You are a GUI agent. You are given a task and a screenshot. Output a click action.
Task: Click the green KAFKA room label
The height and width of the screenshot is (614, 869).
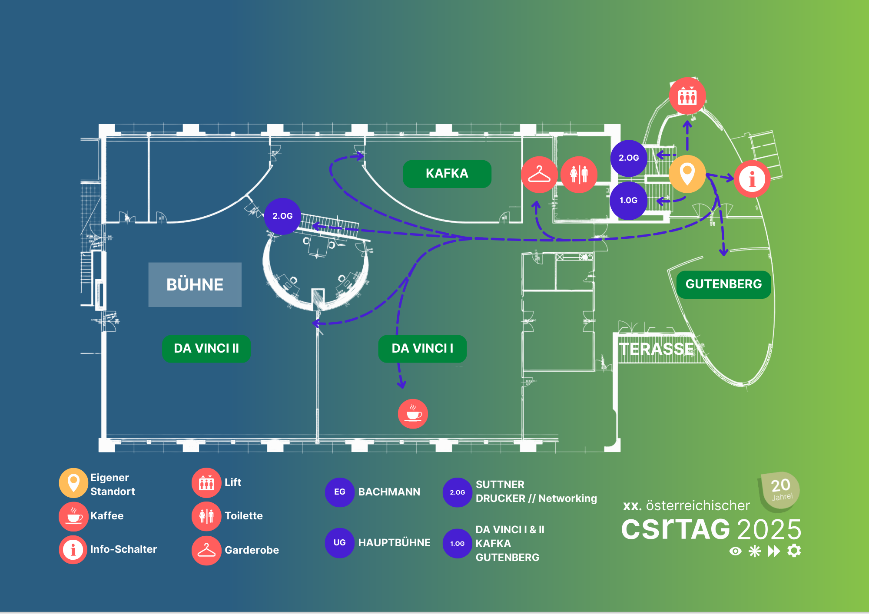[x=447, y=174]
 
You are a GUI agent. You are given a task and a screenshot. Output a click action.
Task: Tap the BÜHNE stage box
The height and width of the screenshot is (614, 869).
[x=195, y=284]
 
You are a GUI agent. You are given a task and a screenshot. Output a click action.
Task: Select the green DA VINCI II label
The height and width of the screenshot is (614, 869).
[x=206, y=348]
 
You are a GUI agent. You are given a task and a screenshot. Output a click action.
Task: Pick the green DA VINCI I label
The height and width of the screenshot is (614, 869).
[x=422, y=348]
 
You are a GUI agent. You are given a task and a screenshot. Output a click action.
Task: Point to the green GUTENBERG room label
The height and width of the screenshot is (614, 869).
[x=723, y=284]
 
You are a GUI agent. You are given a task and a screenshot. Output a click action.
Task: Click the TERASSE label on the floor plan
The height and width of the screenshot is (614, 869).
[x=656, y=349]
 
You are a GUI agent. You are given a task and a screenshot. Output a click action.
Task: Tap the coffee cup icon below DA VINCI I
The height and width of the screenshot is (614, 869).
[x=413, y=413]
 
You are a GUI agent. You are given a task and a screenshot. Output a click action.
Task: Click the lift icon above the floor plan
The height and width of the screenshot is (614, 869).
[x=687, y=96]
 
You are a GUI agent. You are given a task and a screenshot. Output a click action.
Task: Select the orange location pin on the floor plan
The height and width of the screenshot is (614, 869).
[x=687, y=174]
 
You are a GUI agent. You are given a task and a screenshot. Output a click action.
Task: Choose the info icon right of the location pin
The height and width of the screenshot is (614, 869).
[x=752, y=179]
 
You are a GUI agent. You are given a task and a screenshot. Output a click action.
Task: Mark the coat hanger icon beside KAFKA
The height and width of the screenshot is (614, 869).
[x=539, y=175]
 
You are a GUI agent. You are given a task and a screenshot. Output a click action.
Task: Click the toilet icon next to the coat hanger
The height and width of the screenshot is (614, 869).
[x=579, y=175]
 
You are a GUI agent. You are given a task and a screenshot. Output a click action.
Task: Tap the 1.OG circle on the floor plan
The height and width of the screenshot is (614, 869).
[x=628, y=201]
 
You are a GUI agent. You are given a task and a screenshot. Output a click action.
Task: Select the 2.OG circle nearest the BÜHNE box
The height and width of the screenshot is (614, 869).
[x=282, y=216]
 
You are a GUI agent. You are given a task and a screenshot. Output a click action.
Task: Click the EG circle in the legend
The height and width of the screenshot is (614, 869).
[x=339, y=492]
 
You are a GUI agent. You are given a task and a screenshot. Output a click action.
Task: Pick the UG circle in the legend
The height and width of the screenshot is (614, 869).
[x=339, y=543]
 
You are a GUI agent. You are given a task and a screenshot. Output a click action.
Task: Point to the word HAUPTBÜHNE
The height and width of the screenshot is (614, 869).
[x=394, y=543]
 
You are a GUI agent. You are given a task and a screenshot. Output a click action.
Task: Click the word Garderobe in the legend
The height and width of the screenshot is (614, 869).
[x=252, y=550]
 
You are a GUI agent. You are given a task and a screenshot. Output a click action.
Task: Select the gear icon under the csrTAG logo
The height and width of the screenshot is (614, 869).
[x=794, y=551]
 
